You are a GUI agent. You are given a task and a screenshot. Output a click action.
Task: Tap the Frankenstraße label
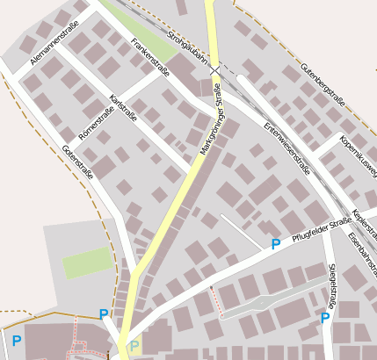pyautogui.click(x=149, y=57)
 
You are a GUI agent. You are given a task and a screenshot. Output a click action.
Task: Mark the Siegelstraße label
pyautogui.click(x=331, y=286)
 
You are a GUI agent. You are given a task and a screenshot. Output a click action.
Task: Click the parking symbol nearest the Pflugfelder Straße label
pyautogui.click(x=275, y=244)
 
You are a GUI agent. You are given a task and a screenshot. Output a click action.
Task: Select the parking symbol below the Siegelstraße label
pyautogui.click(x=325, y=317)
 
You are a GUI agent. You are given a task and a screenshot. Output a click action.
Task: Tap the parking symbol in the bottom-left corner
pyautogui.click(x=16, y=340)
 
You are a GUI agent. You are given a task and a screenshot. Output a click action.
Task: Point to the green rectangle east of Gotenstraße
pyautogui.click(x=88, y=263)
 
